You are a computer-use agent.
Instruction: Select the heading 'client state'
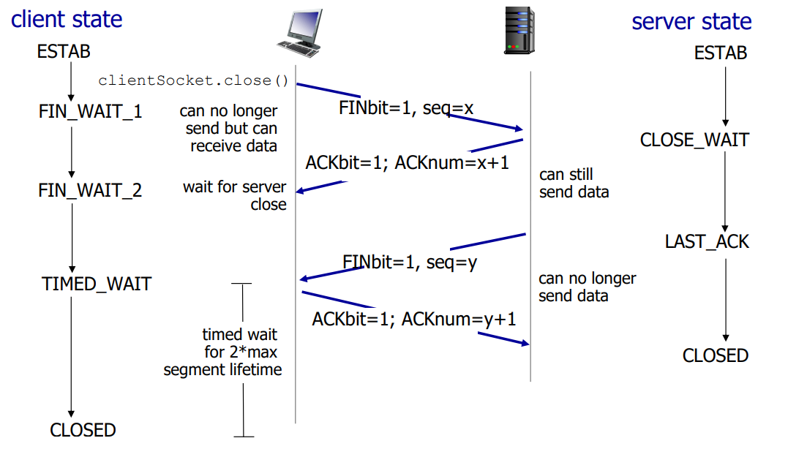(67, 19)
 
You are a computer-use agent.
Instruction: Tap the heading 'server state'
(691, 21)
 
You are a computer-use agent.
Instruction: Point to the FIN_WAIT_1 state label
(91, 112)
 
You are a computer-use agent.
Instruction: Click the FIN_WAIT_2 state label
(91, 191)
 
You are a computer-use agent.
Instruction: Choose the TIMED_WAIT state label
(97, 284)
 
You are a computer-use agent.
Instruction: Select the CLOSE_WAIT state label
(694, 140)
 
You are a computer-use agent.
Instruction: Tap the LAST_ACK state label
(707, 242)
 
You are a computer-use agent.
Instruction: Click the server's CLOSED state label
(715, 356)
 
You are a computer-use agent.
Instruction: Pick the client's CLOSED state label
(83, 430)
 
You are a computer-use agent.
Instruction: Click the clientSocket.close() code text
(194, 80)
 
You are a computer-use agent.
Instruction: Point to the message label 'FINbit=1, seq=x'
(406, 108)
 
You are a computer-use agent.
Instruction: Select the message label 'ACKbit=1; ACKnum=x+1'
(407, 162)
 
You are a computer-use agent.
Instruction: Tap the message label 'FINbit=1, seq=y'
(410, 262)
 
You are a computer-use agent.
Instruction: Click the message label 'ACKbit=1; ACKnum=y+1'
(414, 319)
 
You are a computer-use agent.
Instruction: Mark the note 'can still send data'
(574, 184)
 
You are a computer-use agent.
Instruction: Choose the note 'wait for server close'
(236, 196)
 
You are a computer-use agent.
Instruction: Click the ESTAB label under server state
(721, 53)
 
